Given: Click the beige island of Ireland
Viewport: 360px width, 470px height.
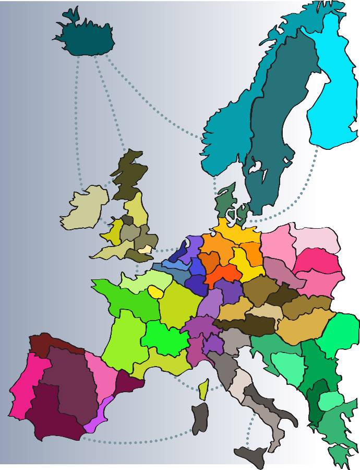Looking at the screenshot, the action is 83,209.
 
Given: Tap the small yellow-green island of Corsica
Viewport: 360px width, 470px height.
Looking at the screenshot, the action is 203,389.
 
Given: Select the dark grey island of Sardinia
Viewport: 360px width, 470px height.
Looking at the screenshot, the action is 200,418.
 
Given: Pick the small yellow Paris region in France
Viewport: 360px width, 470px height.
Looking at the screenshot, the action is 155,291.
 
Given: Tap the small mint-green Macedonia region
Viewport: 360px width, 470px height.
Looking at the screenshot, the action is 330,401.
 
